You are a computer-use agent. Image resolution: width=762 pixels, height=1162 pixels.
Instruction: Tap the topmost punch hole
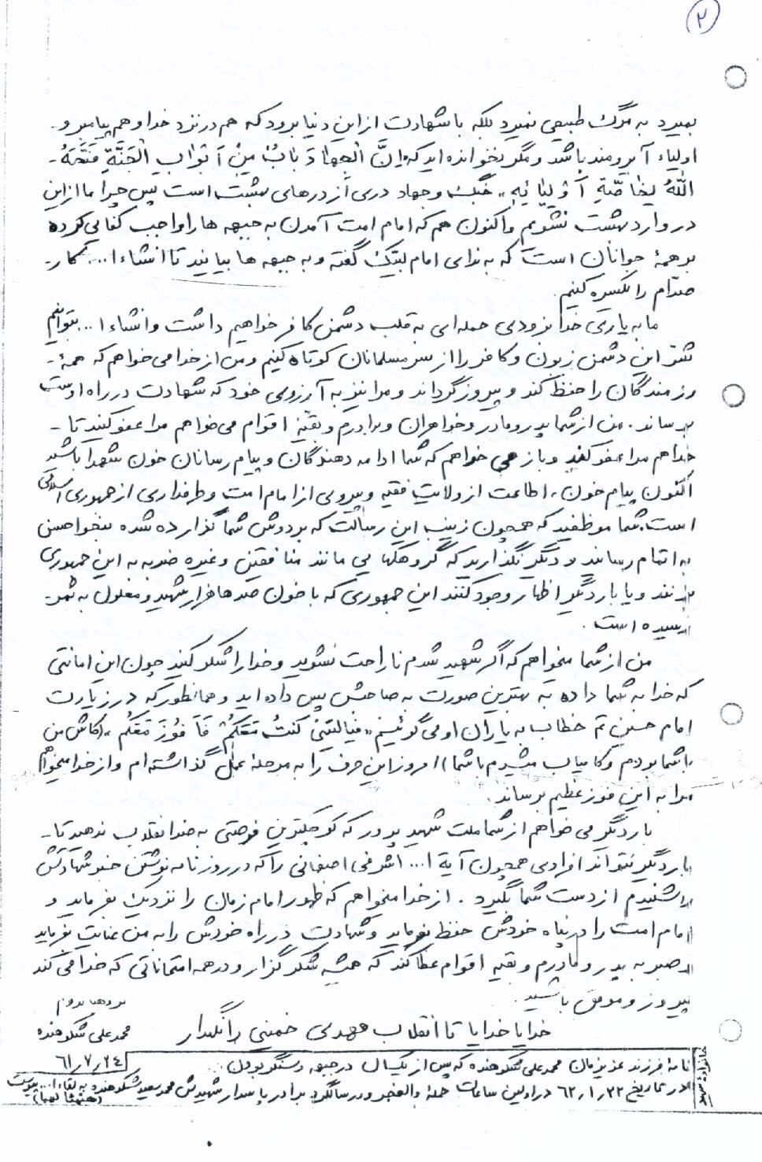[736, 76]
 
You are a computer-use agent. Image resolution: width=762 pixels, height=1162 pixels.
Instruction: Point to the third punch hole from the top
[733, 715]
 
